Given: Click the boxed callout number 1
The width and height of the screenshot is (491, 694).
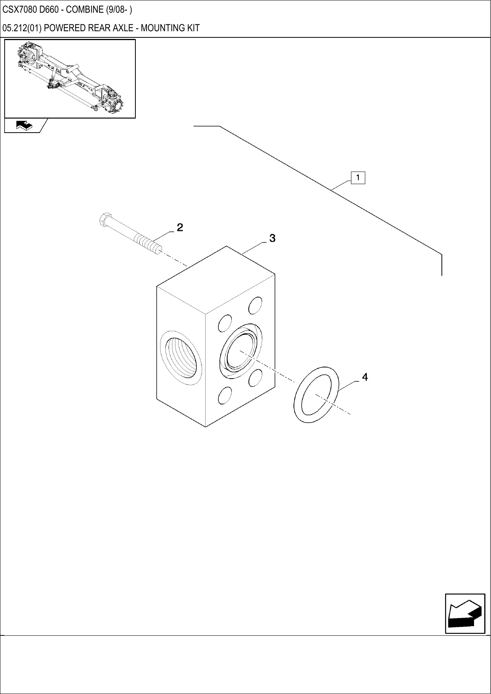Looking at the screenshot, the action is (358, 178).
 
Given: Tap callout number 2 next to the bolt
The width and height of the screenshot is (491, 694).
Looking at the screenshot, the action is (180, 227).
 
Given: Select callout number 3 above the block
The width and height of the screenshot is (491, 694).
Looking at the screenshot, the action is (272, 238).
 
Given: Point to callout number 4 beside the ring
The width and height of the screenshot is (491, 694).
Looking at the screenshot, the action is (365, 377).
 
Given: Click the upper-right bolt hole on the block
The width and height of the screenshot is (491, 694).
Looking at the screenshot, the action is (255, 305).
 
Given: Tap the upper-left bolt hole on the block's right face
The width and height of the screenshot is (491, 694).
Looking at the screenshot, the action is (225, 323).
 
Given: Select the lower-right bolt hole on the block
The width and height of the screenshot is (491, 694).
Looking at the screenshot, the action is (255, 378).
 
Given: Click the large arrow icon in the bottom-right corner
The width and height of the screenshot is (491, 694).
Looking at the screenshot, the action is (465, 613).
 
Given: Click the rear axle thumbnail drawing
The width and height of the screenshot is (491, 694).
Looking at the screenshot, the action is (70, 78).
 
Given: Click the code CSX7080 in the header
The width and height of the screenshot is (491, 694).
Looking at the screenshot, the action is (19, 10).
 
